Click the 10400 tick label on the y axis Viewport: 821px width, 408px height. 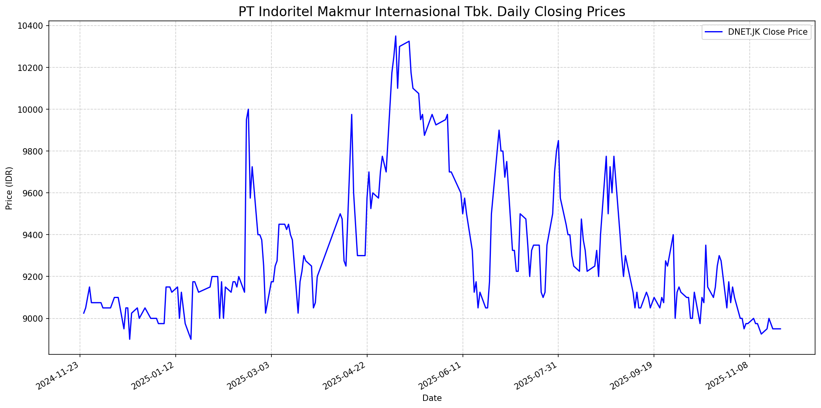click(x=31, y=26)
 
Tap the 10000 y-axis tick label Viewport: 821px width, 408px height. click(x=31, y=110)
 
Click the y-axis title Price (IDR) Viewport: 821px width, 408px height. click(x=9, y=188)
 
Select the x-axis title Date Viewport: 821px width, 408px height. click(x=432, y=398)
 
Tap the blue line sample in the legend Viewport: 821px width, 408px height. click(x=714, y=32)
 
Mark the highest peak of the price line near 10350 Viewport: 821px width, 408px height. click(x=396, y=36)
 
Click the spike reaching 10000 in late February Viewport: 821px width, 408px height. click(x=248, y=109)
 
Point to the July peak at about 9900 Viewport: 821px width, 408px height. click(x=499, y=130)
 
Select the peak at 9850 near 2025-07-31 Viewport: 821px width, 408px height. click(x=558, y=141)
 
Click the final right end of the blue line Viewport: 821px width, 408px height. click(x=780, y=329)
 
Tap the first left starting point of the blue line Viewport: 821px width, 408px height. click(x=84, y=313)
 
